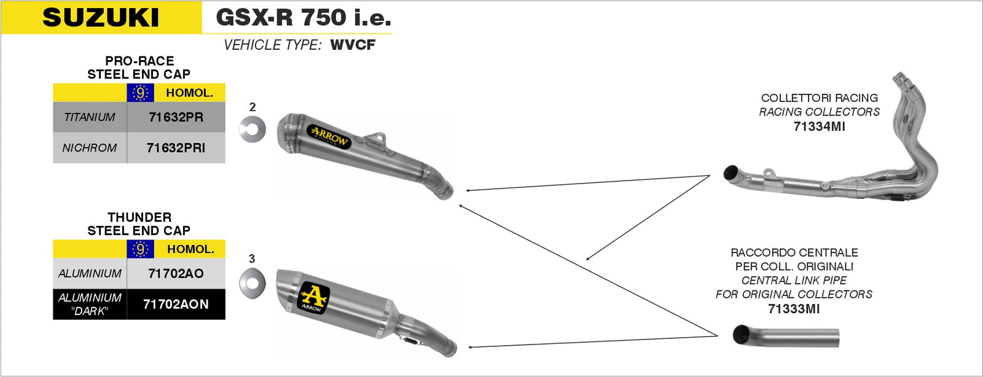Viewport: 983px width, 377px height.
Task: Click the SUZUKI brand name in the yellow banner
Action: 101,17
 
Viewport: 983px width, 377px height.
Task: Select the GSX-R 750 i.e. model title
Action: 304,17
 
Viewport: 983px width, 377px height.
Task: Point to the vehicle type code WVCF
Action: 353,45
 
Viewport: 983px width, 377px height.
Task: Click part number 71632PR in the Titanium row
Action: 176,117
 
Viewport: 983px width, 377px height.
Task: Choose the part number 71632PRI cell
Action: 176,148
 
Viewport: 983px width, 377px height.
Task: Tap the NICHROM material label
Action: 90,148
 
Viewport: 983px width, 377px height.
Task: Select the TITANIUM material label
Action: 90,117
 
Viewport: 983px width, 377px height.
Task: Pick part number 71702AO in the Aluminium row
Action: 176,274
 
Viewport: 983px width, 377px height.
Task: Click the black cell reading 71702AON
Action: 176,304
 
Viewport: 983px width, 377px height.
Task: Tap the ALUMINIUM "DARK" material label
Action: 90,304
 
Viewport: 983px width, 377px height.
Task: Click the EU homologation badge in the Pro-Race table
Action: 140,93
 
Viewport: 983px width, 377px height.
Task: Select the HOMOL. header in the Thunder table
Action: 190,249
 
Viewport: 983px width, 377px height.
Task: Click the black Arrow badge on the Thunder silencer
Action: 313,298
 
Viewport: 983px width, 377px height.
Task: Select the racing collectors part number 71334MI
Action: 819,126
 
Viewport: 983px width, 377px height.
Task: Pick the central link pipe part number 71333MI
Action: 794,309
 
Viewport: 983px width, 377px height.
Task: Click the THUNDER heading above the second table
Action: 139,217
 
